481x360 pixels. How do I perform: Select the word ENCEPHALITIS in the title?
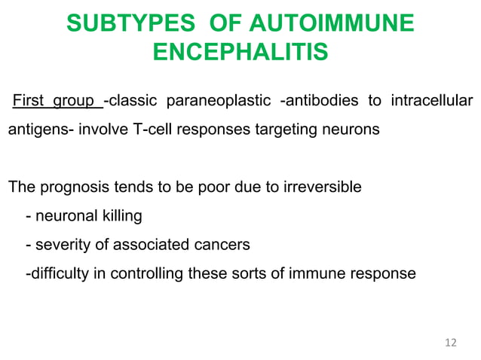[240, 53]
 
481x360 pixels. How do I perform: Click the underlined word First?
[29, 102]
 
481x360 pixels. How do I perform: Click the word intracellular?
[432, 102]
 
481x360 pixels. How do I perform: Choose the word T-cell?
[151, 130]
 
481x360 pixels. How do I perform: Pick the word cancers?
[222, 245]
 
